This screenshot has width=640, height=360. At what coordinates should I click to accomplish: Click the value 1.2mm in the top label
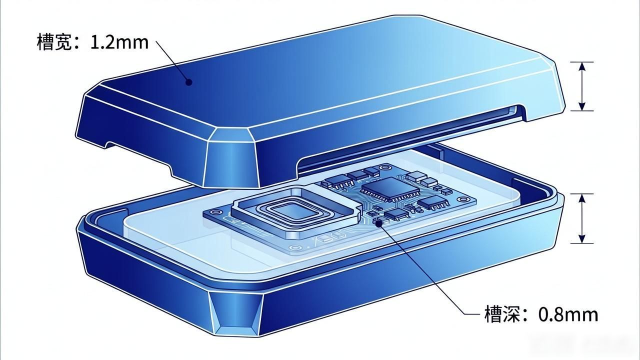click(119, 42)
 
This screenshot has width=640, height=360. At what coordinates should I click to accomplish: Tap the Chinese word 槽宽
click(54, 42)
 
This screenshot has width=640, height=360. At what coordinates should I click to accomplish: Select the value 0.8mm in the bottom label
click(568, 314)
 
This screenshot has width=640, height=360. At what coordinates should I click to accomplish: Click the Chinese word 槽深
click(501, 314)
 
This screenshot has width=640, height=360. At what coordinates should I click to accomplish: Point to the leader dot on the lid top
click(189, 82)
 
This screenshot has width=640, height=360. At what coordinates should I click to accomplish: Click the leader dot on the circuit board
click(378, 223)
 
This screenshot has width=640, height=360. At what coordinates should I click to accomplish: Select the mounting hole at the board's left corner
click(215, 212)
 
